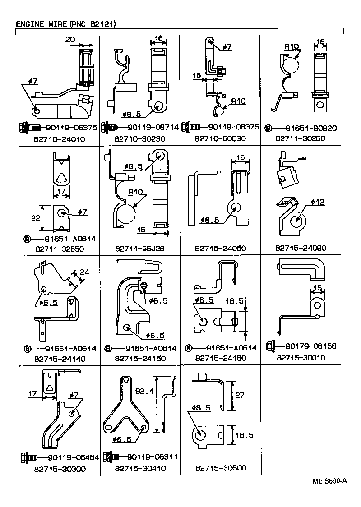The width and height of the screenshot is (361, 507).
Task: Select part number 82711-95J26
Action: click(139, 248)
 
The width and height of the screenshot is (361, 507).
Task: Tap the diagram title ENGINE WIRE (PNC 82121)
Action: click(66, 23)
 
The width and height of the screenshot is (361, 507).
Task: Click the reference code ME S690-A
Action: click(329, 481)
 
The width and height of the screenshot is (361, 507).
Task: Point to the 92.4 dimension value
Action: click(145, 392)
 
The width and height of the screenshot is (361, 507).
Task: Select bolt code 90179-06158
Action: click(311, 346)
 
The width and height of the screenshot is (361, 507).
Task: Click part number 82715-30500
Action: click(221, 468)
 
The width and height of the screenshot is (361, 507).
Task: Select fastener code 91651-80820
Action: click(311, 128)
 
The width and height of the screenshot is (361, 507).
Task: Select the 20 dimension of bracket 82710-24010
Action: click(69, 40)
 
